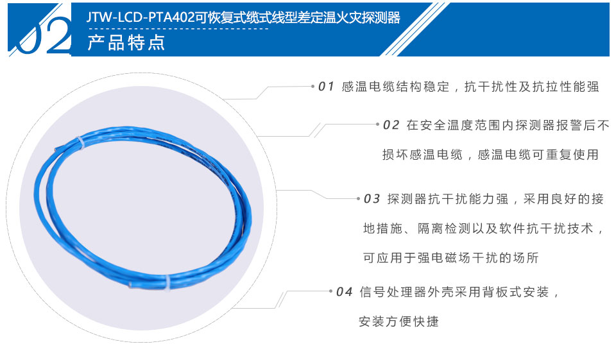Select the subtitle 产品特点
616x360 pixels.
pos(126,43)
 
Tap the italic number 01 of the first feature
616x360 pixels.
pos(327,87)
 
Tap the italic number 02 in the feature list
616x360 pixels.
pos(391,125)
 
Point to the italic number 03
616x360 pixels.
pos(372,199)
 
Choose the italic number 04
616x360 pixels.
pos(345,292)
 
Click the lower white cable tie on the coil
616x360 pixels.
pos(165,282)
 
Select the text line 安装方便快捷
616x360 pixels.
pos(398,321)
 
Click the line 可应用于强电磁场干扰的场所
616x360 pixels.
pos(451,258)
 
